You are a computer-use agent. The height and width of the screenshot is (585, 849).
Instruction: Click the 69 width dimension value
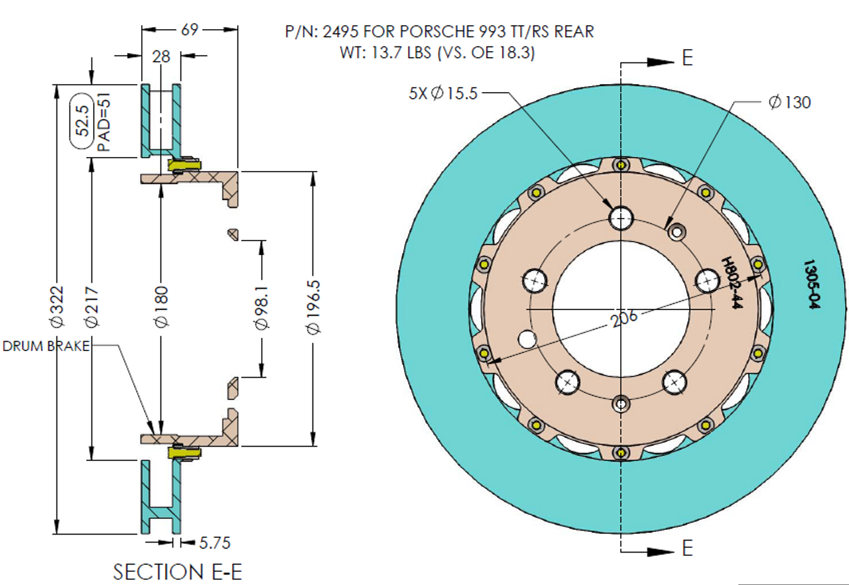click(190, 30)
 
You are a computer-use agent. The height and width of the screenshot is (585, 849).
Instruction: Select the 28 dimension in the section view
click(161, 57)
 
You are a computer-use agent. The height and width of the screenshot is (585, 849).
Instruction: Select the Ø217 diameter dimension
click(92, 306)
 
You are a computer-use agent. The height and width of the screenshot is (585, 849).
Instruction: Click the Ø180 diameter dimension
click(162, 306)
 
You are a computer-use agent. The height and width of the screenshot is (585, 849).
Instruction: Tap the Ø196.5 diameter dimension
click(314, 306)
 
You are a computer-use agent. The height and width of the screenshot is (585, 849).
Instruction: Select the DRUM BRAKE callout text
click(46, 346)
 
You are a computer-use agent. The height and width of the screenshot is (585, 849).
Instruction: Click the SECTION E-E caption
click(177, 571)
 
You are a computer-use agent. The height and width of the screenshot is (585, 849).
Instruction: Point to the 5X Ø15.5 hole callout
click(443, 93)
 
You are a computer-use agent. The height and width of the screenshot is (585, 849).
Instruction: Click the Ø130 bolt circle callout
click(789, 102)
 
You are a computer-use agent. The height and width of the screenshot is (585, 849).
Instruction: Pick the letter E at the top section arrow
click(687, 58)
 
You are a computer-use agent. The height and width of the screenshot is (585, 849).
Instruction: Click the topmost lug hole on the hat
click(621, 217)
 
